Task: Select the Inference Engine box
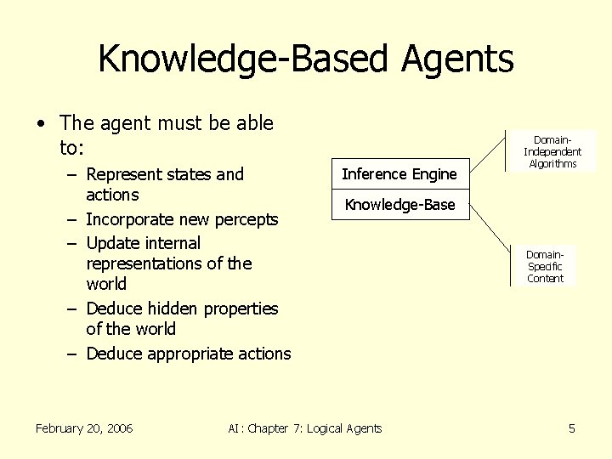[x=399, y=174]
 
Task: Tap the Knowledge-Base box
[x=399, y=205]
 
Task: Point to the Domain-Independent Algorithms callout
[x=552, y=151]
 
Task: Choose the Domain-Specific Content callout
[x=545, y=266]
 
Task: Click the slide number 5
[x=572, y=428]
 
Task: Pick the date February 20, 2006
[x=84, y=428]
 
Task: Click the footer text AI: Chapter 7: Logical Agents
[x=305, y=428]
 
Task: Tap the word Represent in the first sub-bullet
[x=124, y=175]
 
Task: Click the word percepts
[x=246, y=220]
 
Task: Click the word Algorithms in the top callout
[x=552, y=163]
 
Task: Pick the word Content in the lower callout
[x=545, y=278]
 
